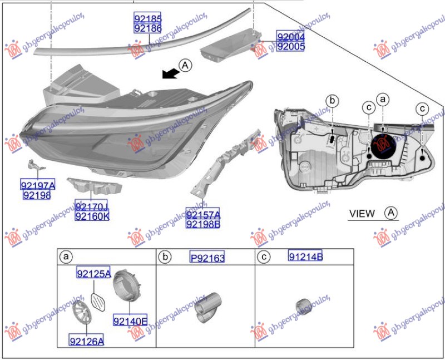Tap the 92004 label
(x=291, y=37)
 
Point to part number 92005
(x=291, y=47)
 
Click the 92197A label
(x=38, y=185)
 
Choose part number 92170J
(x=92, y=207)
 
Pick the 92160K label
(x=92, y=216)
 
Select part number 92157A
(x=203, y=214)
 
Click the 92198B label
(x=203, y=224)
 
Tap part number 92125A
(x=93, y=273)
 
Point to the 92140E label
(x=130, y=320)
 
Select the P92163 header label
(x=207, y=258)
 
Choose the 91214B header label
(x=305, y=257)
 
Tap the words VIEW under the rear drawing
(x=362, y=213)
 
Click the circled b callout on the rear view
(x=332, y=101)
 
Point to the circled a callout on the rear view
(x=382, y=99)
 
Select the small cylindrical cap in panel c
(x=303, y=307)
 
